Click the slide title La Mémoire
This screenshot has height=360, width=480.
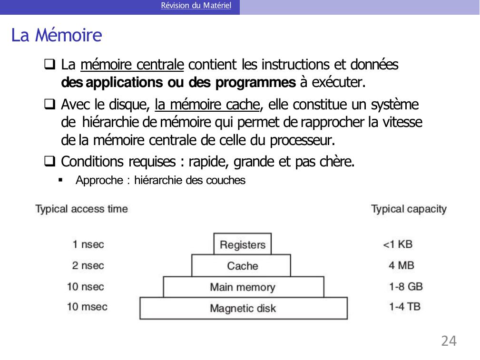click(57, 36)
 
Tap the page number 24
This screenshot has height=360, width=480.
click(449, 341)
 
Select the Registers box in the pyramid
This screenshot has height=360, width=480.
click(243, 245)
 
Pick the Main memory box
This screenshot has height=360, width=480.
click(243, 287)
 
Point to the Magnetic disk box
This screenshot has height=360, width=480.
click(243, 308)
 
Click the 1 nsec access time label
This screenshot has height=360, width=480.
click(88, 245)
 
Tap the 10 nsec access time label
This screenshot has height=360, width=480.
click(86, 287)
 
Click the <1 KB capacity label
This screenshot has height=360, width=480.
click(398, 245)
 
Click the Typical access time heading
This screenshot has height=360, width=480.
click(82, 209)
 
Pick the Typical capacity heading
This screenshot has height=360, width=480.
click(409, 209)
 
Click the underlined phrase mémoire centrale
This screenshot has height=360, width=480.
click(132, 64)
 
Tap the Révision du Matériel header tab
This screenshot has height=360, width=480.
click(196, 6)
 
